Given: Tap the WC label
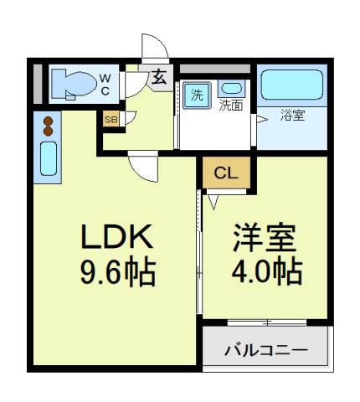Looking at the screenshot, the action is tap(105, 85).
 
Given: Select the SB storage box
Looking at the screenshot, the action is tap(111, 119).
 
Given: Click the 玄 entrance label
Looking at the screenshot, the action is tap(159, 77).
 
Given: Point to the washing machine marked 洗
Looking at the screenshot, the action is tap(197, 95).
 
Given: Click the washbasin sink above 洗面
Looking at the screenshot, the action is tap(232, 88).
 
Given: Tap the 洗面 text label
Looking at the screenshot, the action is tap(231, 106).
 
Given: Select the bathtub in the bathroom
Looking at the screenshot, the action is tap(292, 85).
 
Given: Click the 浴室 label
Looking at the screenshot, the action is tap(292, 115).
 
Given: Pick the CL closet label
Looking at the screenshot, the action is tap(226, 173).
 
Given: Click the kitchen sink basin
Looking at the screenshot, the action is tap(49, 158).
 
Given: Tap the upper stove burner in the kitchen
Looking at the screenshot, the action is tap(49, 121).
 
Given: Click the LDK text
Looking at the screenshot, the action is tap(117, 236).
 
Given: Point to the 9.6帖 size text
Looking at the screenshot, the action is tap(118, 272).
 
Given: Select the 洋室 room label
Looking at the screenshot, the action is tap(265, 238).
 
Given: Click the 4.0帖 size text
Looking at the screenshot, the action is tap(267, 272).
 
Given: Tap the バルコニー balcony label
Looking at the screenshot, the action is tap(266, 350).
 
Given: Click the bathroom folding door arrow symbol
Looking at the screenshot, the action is tap(262, 120).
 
